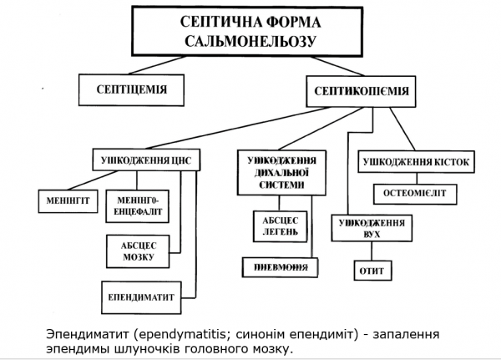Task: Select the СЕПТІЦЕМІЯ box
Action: pos(131,86)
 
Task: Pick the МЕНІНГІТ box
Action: pos(68,200)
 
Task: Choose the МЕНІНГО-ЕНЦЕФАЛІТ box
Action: pos(139,206)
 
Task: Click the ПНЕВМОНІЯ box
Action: pos(281,268)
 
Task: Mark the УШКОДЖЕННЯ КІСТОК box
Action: pos(417,160)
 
